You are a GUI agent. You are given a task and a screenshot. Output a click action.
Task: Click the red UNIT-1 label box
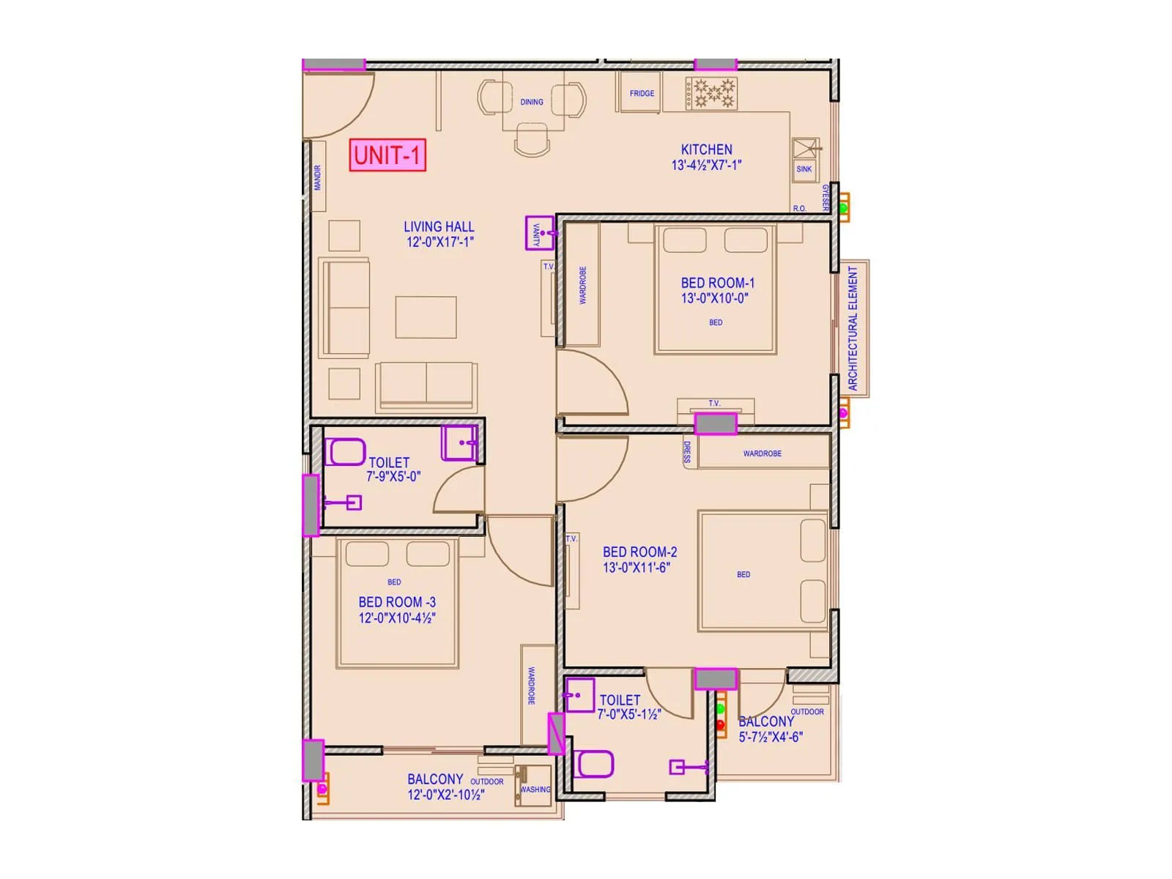point(387,155)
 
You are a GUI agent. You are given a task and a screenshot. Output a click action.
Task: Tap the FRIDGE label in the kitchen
point(642,93)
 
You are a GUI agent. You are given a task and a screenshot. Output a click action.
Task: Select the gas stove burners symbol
point(712,94)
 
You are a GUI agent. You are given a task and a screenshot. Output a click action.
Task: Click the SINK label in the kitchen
point(804,169)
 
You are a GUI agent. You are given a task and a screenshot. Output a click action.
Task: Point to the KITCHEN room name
point(706,149)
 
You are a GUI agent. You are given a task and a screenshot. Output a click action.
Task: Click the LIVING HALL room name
point(439,227)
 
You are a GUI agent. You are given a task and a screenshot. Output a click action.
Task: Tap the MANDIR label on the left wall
point(318,177)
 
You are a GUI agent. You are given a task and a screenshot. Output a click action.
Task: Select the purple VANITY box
point(538,233)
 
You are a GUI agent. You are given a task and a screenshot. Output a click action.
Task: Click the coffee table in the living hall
point(426,317)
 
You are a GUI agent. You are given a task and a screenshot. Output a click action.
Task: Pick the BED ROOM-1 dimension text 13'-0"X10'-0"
point(714,298)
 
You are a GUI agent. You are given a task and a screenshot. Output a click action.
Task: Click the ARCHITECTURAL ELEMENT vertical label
point(853,328)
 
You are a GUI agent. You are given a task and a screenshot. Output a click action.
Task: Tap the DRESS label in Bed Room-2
point(687,452)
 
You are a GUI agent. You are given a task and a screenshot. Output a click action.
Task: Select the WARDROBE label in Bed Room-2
point(762,453)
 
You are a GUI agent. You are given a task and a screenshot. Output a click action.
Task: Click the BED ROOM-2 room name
point(639,552)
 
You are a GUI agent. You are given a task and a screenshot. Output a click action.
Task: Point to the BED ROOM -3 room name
point(396,602)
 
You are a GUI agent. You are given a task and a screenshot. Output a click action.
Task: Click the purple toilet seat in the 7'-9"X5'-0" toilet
point(344,452)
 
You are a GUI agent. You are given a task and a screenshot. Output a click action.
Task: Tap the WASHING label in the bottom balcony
point(535,790)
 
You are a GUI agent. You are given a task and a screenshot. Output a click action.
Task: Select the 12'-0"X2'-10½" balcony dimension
point(445,795)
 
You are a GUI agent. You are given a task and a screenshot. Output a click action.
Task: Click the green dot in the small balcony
point(720,709)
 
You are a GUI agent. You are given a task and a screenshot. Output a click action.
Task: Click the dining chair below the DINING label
point(533,139)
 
